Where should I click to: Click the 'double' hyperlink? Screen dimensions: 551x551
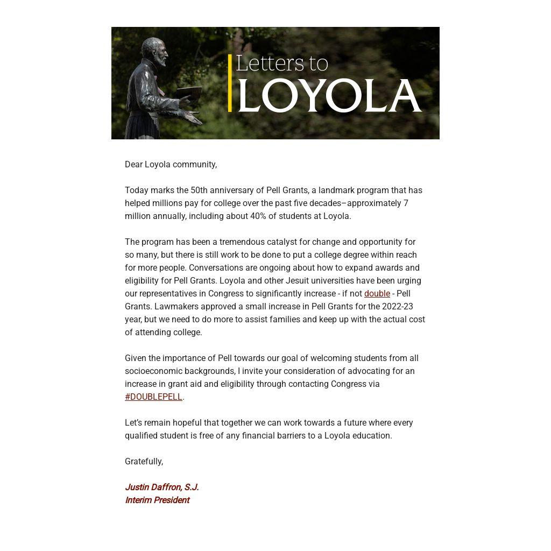[377, 294]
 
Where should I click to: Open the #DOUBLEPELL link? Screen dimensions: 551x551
[153, 397]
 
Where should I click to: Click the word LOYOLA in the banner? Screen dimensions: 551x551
[329, 96]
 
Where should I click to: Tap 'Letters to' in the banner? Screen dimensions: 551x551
[282, 63]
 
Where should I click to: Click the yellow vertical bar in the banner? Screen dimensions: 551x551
[230, 83]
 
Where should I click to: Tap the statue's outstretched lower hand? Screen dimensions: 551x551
[193, 117]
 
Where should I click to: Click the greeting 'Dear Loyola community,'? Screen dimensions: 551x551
[171, 165]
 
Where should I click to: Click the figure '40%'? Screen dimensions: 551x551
[259, 216]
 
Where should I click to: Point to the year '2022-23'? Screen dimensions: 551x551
[398, 307]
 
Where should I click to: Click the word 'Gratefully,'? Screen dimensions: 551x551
[144, 462]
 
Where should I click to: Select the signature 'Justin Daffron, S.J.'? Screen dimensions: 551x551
[162, 488]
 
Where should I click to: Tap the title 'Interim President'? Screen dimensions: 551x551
[157, 500]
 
